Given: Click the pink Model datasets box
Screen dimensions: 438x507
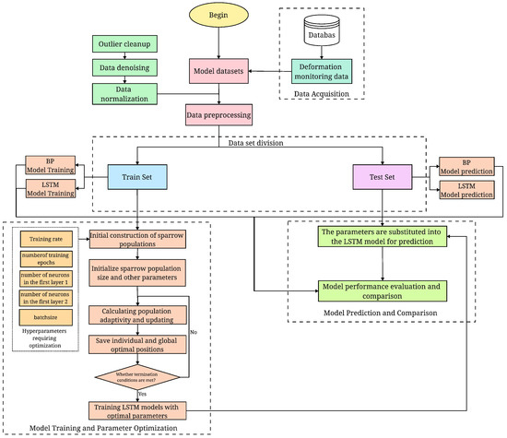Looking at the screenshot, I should coord(218,70).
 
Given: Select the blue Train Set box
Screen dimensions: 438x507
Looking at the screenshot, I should coord(136,175).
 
